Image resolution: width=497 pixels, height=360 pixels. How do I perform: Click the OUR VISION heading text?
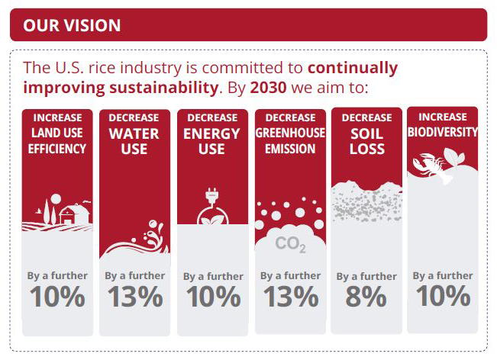pyautogui.click(x=72, y=25)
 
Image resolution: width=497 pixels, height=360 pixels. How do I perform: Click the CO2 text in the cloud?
pyautogui.click(x=291, y=244)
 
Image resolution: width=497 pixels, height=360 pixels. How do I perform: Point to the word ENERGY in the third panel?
pyautogui.click(x=211, y=134)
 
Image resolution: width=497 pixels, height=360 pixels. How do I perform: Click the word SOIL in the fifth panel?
pyautogui.click(x=366, y=134)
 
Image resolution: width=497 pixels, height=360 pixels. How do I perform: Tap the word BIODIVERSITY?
pyautogui.click(x=443, y=132)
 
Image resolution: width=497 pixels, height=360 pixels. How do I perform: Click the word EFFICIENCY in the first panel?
pyautogui.click(x=57, y=149)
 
